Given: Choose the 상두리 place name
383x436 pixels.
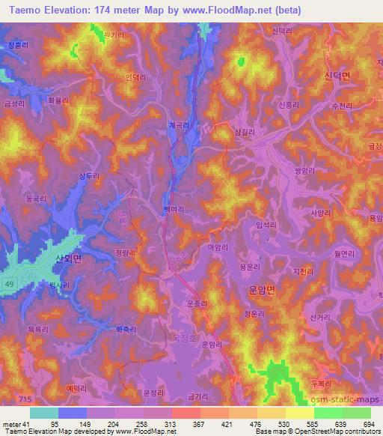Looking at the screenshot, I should pos(89,176).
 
